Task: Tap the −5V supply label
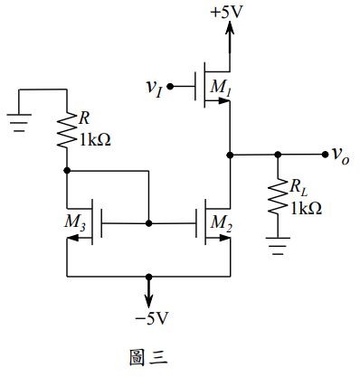149,319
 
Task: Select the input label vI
156,87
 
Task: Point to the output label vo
341,156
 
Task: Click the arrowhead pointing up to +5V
228,29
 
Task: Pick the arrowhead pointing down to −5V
149,300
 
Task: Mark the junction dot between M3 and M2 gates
149,221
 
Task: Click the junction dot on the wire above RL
276,155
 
